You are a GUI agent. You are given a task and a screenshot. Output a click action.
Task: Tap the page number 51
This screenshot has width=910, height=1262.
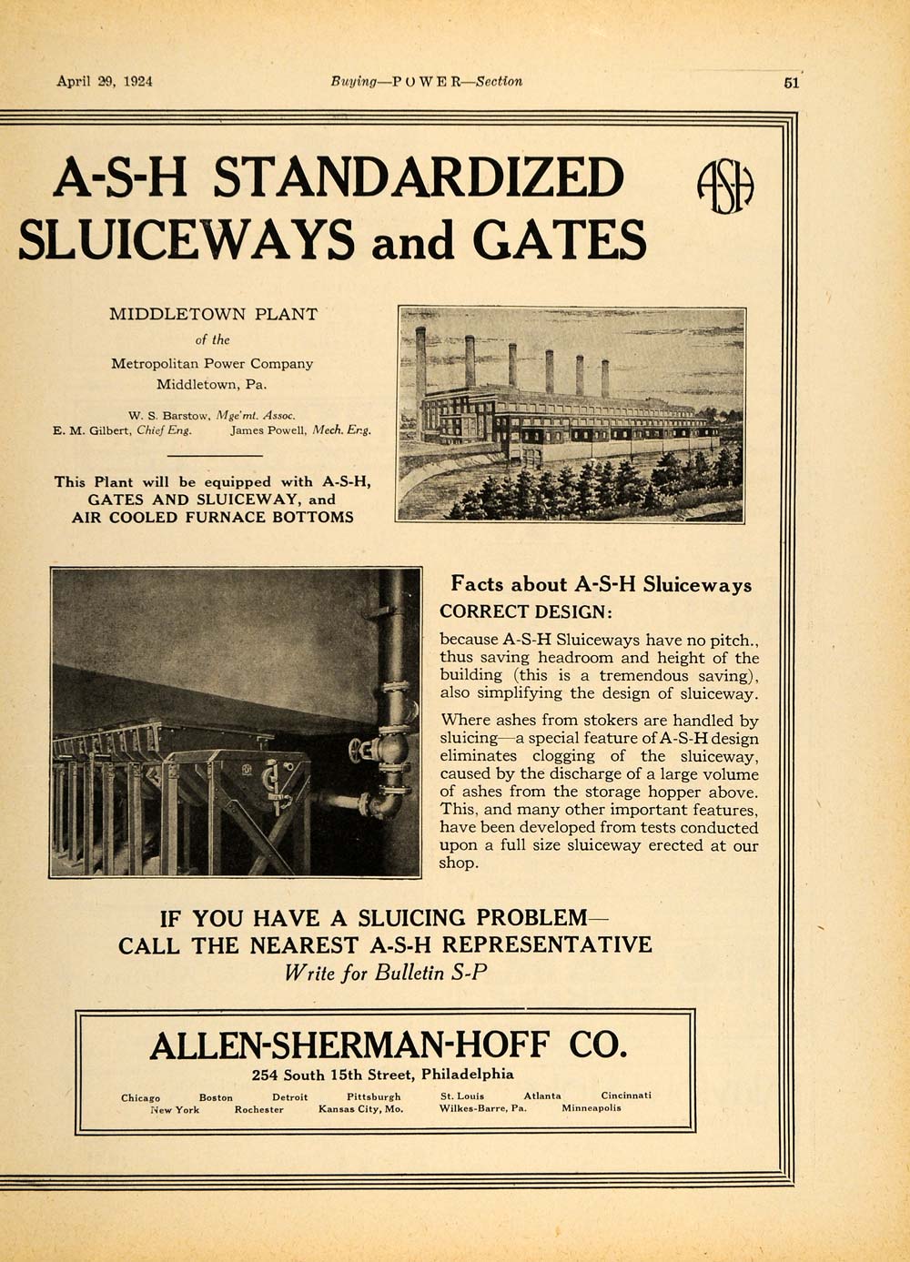pyautogui.click(x=790, y=82)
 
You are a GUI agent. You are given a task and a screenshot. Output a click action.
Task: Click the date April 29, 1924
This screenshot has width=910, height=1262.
pyautogui.click(x=105, y=80)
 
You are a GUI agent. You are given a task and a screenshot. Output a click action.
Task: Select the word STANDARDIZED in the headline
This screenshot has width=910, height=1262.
pyautogui.click(x=419, y=177)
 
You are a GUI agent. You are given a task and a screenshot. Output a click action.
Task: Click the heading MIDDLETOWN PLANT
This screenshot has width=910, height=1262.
pyautogui.click(x=214, y=315)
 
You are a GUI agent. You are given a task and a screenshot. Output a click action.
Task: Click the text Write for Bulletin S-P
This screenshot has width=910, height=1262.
pyautogui.click(x=386, y=971)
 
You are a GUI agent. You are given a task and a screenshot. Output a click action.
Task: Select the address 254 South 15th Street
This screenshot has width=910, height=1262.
pyautogui.click(x=333, y=1075)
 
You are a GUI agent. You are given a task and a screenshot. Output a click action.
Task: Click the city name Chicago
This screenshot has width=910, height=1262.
pyautogui.click(x=140, y=1097)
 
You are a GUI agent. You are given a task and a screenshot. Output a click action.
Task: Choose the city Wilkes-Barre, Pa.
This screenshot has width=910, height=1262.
pyautogui.click(x=482, y=1109)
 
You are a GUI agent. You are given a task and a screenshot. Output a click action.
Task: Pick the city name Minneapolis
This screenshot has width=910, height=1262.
pyautogui.click(x=591, y=1109)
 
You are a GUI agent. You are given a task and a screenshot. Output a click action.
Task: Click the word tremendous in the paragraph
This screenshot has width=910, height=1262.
pyautogui.click(x=619, y=675)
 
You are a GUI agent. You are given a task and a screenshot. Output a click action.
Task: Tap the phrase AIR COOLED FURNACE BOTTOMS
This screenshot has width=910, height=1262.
pyautogui.click(x=213, y=517)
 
